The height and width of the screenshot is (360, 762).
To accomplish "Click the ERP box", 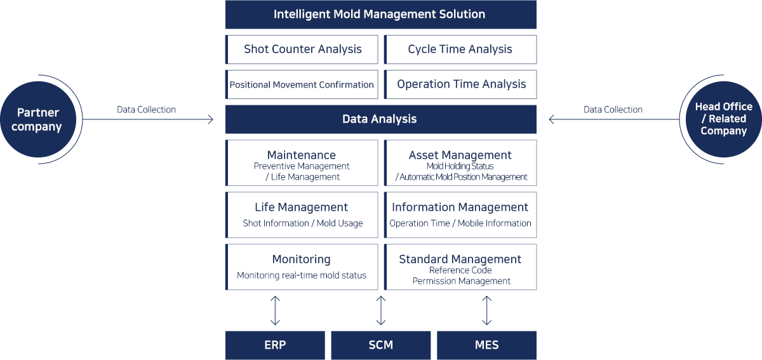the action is coord(275,345).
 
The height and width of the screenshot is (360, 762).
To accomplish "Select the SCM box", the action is coord(380,345).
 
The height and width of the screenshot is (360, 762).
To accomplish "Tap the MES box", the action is coord(487,345).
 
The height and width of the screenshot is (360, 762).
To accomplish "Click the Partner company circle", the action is coord(37,119).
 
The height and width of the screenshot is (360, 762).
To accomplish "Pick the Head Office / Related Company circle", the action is coord(723,119).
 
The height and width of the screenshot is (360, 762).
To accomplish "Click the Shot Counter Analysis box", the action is coord(302,50).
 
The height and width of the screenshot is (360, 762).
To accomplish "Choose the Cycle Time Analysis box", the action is coord(460,50).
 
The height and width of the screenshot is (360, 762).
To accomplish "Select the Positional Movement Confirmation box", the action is coord(302,84).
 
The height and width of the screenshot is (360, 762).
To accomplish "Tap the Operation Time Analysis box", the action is coord(460,84).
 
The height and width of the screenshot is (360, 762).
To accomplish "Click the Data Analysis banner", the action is coord(380,119).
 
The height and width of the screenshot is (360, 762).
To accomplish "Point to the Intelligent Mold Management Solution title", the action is coord(379,15).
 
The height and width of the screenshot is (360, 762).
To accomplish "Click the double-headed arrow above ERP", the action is coord(275,310).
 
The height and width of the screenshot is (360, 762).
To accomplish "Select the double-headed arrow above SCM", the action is coord(381,310).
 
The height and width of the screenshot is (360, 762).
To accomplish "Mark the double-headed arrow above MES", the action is coord(487,310).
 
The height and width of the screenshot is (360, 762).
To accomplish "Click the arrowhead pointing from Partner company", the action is coord(211,119).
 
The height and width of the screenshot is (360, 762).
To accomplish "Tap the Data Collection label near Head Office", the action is coord(613,110).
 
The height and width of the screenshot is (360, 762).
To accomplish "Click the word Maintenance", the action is coord(302,155).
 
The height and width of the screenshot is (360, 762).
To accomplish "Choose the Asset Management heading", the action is coord(460,155).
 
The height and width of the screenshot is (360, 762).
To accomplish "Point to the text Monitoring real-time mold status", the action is coord(302,276).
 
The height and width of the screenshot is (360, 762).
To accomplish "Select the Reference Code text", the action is coord(460,270).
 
